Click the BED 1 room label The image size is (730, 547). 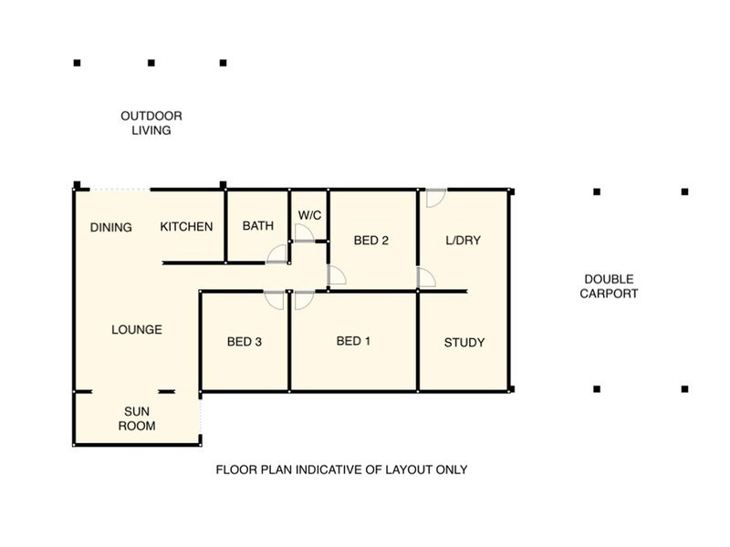[x=353, y=341]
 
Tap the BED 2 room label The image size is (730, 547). [x=371, y=241]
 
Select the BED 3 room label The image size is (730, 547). [x=245, y=342]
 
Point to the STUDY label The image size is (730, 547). [x=464, y=343]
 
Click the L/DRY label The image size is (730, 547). [x=463, y=241]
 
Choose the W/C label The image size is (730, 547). [x=309, y=215]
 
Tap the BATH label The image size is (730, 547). [x=258, y=226]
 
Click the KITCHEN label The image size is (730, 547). [x=186, y=226]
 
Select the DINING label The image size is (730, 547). [x=110, y=227]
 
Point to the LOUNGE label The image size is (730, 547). [x=137, y=330]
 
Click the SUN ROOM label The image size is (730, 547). [x=137, y=418]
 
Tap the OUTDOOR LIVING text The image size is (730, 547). [x=151, y=123]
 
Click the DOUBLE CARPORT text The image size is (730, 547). [x=609, y=286]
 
